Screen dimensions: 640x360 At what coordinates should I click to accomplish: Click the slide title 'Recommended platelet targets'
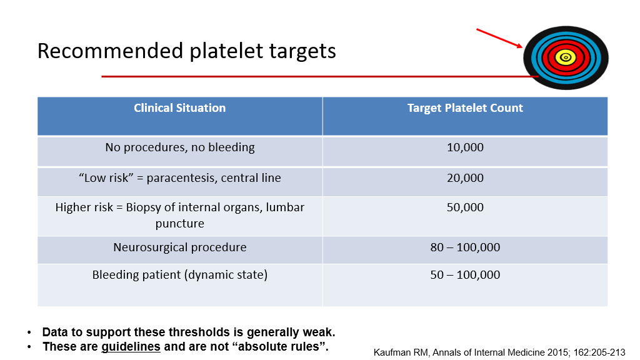click(186, 51)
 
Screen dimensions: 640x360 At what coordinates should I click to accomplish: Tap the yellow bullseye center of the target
click(566, 57)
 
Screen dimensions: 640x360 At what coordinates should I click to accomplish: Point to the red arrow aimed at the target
click(499, 38)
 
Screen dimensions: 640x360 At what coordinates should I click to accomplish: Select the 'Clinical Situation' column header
click(179, 107)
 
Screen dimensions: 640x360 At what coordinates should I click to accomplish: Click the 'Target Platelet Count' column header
click(465, 107)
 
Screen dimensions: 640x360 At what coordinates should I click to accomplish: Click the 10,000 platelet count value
click(465, 147)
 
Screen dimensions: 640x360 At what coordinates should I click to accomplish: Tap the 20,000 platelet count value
click(465, 178)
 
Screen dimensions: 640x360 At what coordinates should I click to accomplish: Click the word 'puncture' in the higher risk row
click(179, 224)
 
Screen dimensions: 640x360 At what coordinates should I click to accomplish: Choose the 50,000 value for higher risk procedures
click(465, 207)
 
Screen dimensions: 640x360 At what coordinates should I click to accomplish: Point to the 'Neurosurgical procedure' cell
click(179, 247)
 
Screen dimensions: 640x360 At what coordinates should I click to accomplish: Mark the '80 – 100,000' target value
click(465, 247)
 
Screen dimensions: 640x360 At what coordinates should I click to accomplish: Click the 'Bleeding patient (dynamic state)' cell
click(179, 275)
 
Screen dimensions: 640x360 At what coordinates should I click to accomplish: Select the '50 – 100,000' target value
click(465, 275)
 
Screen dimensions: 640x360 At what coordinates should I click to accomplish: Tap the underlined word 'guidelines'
click(131, 346)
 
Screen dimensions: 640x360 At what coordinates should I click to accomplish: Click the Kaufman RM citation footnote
click(499, 352)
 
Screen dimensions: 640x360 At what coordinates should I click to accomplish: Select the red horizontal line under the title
click(320, 76)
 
